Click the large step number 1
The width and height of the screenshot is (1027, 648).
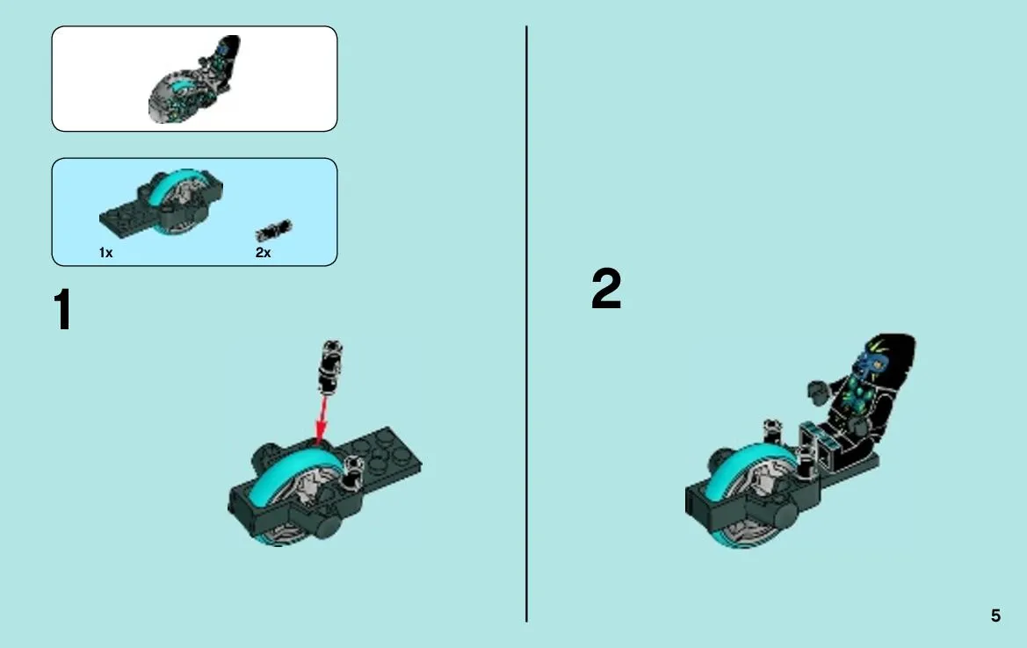[x=63, y=310]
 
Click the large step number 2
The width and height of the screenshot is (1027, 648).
[x=606, y=288]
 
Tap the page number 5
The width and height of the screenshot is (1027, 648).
[x=995, y=616]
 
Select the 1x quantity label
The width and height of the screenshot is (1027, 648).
[x=105, y=253]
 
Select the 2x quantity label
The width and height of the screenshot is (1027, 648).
[x=263, y=253]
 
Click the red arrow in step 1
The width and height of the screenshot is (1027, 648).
[x=322, y=420]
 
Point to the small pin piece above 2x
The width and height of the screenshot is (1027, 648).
[x=274, y=230]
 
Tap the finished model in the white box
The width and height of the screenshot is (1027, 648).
[x=194, y=80]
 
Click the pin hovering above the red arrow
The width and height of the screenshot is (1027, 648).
[x=330, y=367]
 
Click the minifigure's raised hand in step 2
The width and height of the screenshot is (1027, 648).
[x=818, y=392]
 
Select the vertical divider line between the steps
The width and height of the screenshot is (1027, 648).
[x=526, y=324]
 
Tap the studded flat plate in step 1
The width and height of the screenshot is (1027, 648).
[x=383, y=455]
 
